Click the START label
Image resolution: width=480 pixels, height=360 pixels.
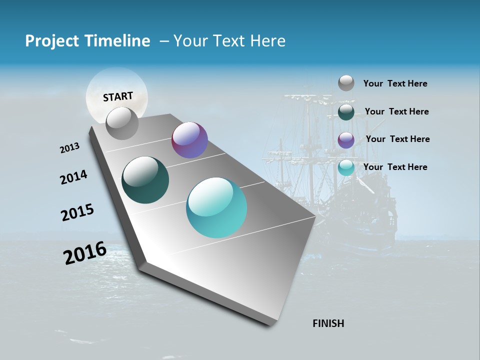(x=118, y=96)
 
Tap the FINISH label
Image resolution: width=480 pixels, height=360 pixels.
(x=328, y=323)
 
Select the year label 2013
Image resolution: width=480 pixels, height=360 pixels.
(x=70, y=148)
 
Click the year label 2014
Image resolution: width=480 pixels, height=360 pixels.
(x=73, y=177)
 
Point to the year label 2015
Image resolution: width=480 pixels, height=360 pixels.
(x=77, y=212)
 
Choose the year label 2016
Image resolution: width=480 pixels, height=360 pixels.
(x=85, y=253)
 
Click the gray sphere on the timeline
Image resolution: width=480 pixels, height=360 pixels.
(x=122, y=123)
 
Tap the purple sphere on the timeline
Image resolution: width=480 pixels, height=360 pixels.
(x=189, y=140)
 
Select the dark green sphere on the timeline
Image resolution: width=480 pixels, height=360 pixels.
(x=145, y=180)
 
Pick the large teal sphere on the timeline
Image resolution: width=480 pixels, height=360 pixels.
(x=216, y=207)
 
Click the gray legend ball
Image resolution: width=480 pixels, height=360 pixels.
(x=346, y=83)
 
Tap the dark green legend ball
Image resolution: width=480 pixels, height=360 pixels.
(x=346, y=112)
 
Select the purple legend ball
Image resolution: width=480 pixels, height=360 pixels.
(x=346, y=140)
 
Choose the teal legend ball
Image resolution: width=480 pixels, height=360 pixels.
(x=346, y=167)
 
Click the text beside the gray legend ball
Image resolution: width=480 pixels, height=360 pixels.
(x=395, y=83)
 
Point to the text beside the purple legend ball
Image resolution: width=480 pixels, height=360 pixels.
(x=397, y=139)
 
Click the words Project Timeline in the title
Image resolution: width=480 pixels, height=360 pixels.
(x=87, y=41)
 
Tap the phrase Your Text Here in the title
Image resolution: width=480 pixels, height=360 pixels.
(x=229, y=41)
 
